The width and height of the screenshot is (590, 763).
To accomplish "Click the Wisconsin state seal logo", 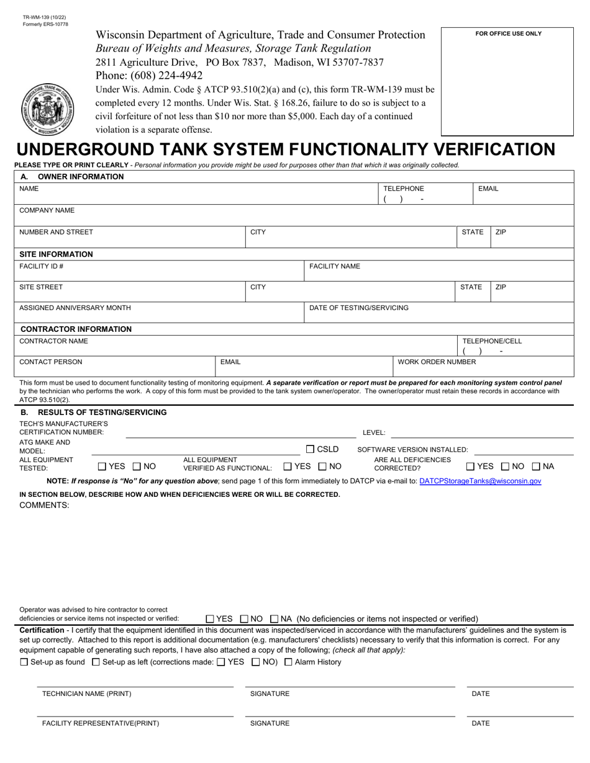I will coord(47,109).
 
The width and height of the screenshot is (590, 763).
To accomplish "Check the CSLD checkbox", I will coord(311,449).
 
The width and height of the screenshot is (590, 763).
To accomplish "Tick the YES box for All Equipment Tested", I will coord(102,466).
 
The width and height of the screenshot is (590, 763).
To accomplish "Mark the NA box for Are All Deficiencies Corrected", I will coord(536,466).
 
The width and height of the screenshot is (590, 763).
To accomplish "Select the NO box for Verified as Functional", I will coord(322,466).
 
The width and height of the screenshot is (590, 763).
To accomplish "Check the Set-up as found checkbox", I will coord(24,662).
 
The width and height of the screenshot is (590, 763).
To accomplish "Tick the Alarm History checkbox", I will coord(288,662).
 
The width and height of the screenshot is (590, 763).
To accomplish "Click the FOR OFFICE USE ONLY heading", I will coord(508,33).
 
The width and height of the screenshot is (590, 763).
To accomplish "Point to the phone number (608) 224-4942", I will coord(149,76).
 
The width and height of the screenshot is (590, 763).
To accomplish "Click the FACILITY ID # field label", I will coord(42,266).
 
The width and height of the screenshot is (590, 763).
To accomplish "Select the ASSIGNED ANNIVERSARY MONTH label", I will coord(75,308).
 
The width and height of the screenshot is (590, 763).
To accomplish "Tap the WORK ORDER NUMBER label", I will coord(437,362).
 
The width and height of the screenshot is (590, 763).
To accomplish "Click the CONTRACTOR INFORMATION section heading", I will coord(76,329).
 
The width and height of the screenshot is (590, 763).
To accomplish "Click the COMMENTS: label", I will coord(44,505).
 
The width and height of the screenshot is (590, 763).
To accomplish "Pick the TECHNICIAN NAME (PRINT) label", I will coord(86,694).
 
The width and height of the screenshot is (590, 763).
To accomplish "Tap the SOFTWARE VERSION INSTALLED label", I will coord(412,450).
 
